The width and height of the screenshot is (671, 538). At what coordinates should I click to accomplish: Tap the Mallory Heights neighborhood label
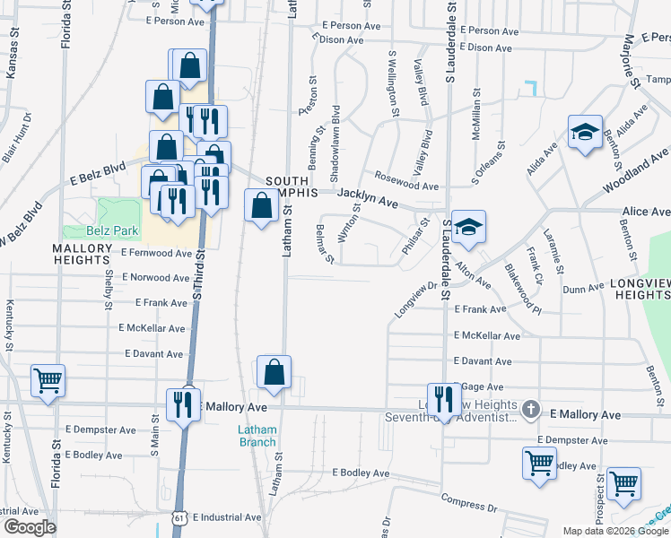tap(82, 254)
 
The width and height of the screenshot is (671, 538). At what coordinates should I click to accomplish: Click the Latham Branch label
tap(257, 435)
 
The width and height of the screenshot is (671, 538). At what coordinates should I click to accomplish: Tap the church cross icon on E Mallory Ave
tap(530, 410)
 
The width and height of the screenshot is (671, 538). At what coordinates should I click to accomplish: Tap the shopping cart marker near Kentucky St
tap(48, 379)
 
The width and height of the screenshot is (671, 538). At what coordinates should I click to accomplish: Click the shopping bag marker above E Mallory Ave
tap(274, 372)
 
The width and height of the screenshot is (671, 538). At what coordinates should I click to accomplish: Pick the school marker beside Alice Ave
tap(468, 227)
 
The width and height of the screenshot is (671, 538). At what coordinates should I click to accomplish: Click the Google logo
tap(30, 527)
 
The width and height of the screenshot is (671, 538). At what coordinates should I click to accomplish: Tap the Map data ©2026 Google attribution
tap(615, 531)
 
